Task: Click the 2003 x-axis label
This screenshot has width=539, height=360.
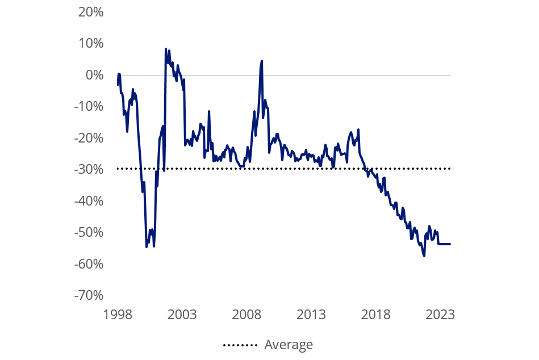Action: pyautogui.click(x=182, y=315)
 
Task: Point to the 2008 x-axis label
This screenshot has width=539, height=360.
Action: pyautogui.click(x=247, y=315)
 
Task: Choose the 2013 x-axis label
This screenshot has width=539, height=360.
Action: pyautogui.click(x=311, y=315)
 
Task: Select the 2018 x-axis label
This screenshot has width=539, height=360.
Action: pyautogui.click(x=376, y=315)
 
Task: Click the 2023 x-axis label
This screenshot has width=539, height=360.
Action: pyautogui.click(x=441, y=315)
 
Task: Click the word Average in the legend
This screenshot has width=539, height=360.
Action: pyautogui.click(x=289, y=345)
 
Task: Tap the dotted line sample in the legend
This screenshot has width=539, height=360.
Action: pyautogui.click(x=240, y=345)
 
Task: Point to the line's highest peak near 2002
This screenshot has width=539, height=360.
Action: pyautogui.click(x=165, y=49)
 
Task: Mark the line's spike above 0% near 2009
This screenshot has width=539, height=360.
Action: pyautogui.click(x=262, y=60)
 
